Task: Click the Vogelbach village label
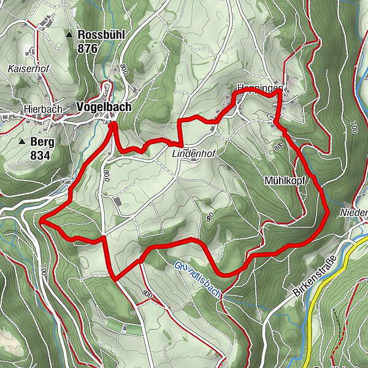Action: (104, 107)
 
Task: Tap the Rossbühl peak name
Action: (101, 35)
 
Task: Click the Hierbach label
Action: (44, 109)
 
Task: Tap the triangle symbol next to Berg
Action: (22, 142)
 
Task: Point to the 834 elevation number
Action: (39, 155)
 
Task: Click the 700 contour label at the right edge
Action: (354, 129)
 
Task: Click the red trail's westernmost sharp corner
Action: (40, 219)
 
